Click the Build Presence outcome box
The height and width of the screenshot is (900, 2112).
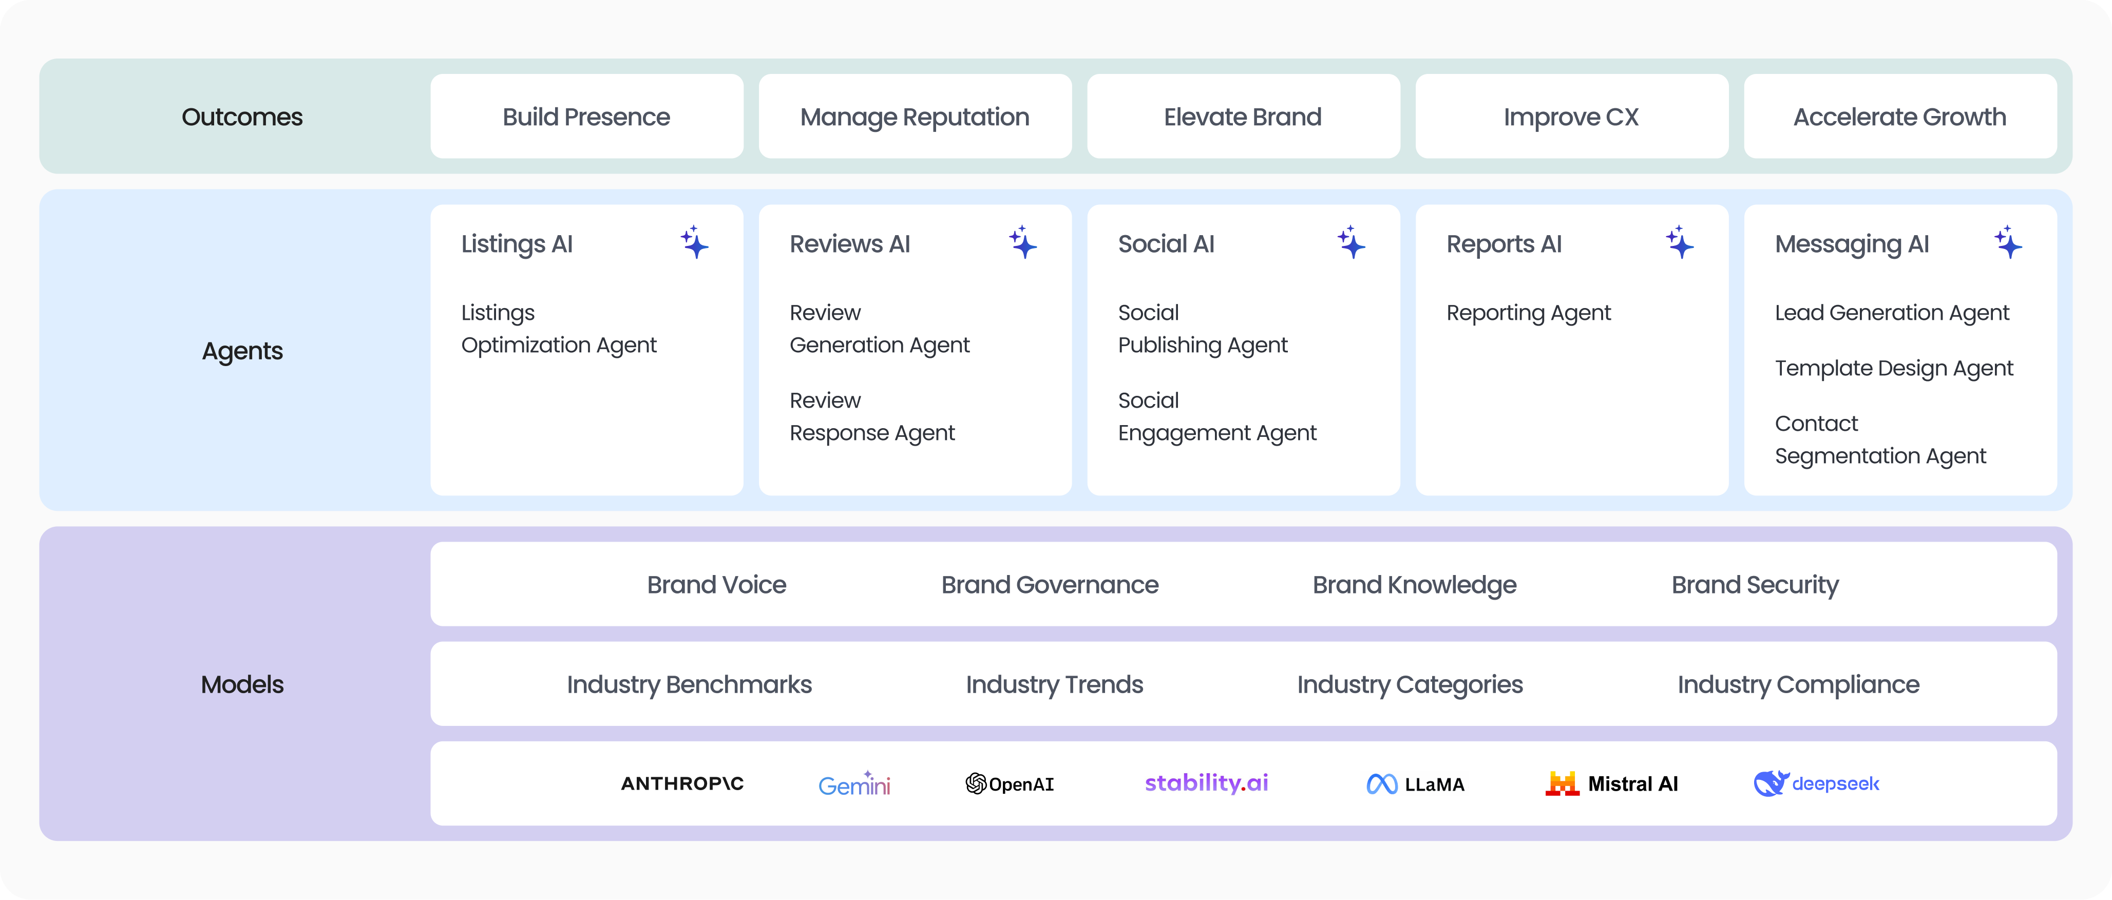click(x=586, y=117)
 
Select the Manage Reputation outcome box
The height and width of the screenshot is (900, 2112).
click(x=915, y=117)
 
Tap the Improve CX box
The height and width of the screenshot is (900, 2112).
click(x=1571, y=117)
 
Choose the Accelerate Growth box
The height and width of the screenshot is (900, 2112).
click(x=1899, y=117)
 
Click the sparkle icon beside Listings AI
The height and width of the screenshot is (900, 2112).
click(x=694, y=243)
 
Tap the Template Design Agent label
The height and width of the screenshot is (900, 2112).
click(x=1894, y=369)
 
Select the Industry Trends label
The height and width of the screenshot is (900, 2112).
click(x=1054, y=684)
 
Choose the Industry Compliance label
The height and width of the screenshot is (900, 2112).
click(x=1798, y=684)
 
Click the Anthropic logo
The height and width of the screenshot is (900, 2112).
click(x=682, y=783)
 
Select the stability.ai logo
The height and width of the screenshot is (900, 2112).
click(x=1206, y=783)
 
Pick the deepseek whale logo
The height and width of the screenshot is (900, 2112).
click(x=1770, y=783)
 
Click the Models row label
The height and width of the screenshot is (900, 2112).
click(x=242, y=684)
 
